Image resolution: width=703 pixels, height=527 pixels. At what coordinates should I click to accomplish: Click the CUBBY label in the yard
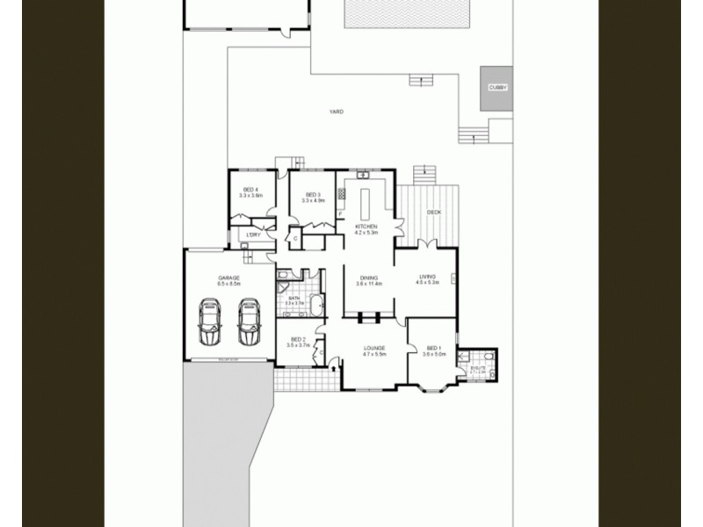click(496, 88)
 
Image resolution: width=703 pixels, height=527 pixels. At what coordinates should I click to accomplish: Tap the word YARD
click(336, 112)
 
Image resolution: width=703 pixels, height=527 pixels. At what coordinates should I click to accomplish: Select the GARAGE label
click(229, 278)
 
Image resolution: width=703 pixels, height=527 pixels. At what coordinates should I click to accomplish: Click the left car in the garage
click(211, 321)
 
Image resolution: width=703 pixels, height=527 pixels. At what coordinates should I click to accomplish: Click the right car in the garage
click(249, 321)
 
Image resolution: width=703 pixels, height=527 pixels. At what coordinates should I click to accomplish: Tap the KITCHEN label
click(366, 227)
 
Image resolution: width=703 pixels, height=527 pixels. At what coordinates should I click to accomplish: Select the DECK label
click(433, 213)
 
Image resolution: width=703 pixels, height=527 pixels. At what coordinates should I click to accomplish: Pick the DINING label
click(369, 278)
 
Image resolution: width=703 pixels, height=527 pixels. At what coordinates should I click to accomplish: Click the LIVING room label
click(427, 276)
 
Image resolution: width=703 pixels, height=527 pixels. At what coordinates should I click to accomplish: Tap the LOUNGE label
click(375, 348)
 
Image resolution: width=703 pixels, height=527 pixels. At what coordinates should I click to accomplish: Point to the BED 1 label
click(434, 348)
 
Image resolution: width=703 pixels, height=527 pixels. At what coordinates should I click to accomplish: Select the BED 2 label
click(298, 339)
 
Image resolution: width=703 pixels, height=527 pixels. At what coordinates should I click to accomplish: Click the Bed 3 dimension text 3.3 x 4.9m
click(314, 201)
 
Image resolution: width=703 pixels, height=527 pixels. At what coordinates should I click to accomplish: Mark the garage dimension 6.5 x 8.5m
click(229, 284)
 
